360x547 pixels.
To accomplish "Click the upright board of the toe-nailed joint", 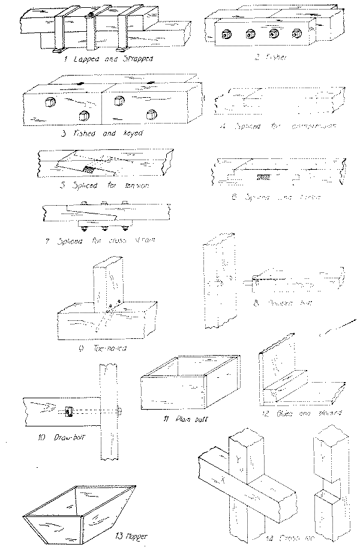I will point(107,285).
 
